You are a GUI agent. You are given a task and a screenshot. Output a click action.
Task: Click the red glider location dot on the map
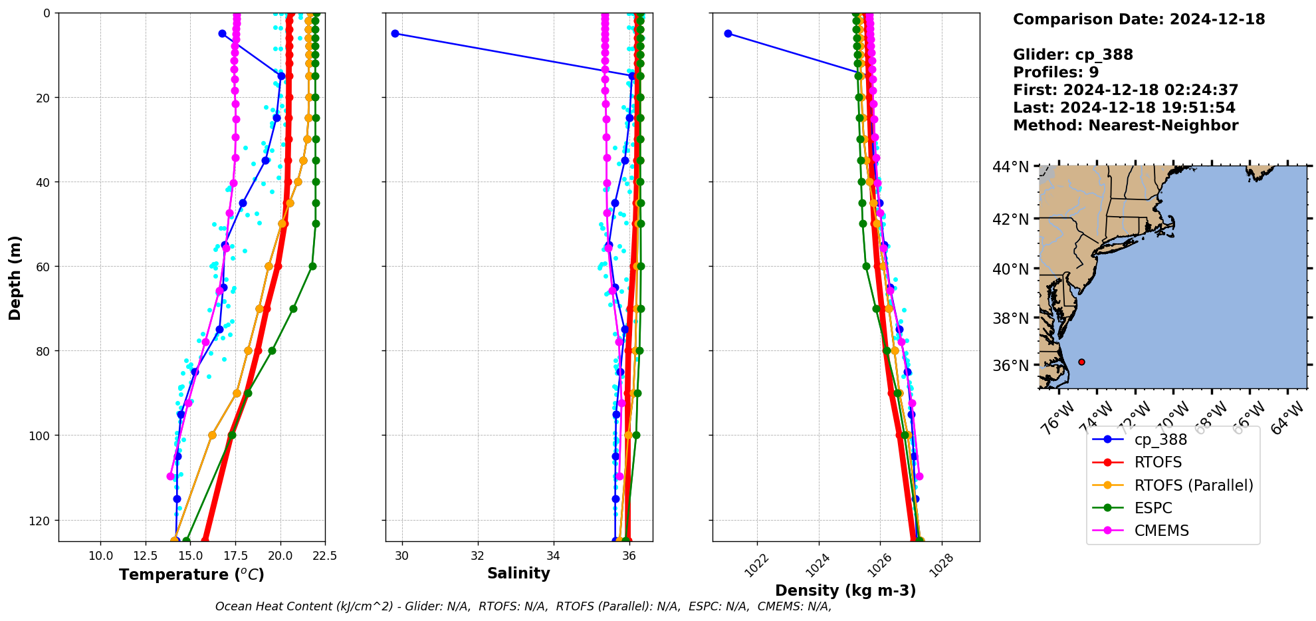pos(1081,362)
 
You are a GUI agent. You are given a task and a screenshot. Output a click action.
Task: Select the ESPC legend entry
pos(1153,508)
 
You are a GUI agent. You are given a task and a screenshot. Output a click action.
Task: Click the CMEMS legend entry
pos(1161,531)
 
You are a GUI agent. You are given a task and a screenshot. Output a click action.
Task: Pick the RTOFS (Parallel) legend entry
pos(1193,485)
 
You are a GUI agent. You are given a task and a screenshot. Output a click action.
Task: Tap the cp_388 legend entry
pos(1160,439)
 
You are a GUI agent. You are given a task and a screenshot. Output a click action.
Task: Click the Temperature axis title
pos(191,574)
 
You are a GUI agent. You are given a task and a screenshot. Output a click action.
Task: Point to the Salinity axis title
pos(518,574)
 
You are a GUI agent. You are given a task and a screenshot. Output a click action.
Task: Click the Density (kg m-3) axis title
pos(845,590)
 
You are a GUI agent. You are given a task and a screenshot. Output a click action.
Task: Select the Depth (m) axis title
pos(15,277)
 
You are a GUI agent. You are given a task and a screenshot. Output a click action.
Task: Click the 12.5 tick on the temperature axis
pos(146,556)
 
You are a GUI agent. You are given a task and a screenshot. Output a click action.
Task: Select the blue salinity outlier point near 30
pos(395,33)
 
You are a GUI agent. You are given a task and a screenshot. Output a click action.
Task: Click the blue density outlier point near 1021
pos(728,33)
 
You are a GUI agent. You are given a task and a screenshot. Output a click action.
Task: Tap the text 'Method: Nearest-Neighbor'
pos(1125,125)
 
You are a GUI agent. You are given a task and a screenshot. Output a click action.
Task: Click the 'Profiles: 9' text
pos(1055,72)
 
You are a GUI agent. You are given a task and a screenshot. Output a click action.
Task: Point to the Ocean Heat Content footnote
pos(523,606)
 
